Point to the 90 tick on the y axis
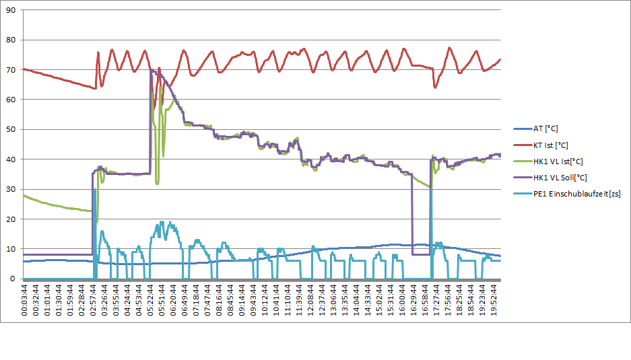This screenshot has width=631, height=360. [x=11, y=10]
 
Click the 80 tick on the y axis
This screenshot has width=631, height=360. [x=11, y=40]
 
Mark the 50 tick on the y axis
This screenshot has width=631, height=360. [x=11, y=129]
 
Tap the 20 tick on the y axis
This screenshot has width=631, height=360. [x=11, y=219]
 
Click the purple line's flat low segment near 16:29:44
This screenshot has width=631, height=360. [x=421, y=254]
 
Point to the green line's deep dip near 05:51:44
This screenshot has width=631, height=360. [x=157, y=182]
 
